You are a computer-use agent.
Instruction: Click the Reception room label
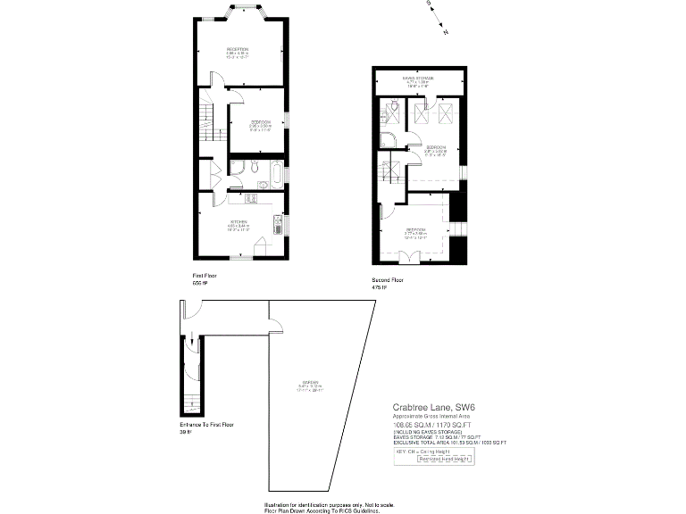click(x=237, y=49)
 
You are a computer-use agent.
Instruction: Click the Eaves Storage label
click(x=418, y=79)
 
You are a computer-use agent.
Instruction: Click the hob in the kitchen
click(x=251, y=198)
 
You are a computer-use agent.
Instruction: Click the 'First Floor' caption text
click(x=205, y=276)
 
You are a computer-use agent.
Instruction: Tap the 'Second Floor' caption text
click(x=388, y=280)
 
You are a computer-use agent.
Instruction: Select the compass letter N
click(x=446, y=32)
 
